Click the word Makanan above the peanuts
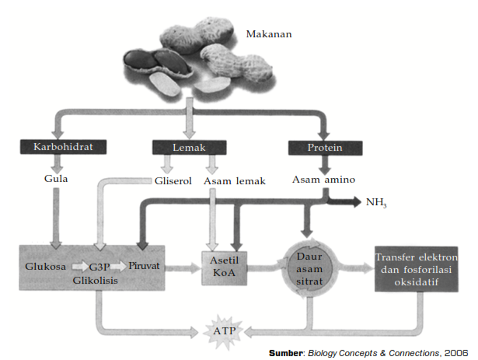pos(268,34)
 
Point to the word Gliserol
pos(172,181)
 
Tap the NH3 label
pos(376,203)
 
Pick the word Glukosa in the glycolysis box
pos(44,266)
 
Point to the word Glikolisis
pos(96,280)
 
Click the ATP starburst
pos(223,330)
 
